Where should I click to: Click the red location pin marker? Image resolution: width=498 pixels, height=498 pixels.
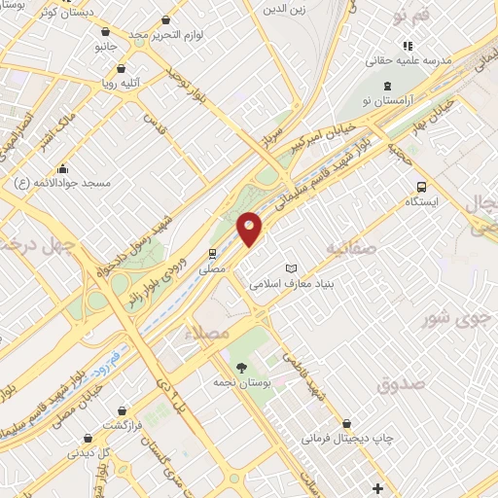tap(250, 228)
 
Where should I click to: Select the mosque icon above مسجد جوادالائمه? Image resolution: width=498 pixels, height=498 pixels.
tap(63, 166)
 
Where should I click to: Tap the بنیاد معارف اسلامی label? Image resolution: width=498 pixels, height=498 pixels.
tap(292, 285)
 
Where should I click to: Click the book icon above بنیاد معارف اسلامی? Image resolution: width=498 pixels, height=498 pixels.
tap(291, 267)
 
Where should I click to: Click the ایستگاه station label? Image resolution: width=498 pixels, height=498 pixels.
tap(424, 202)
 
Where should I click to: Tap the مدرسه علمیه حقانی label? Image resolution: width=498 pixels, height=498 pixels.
tap(409, 60)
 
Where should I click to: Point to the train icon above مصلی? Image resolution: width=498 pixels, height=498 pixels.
tap(212, 252)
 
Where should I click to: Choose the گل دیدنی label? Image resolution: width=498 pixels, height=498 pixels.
tap(89, 452)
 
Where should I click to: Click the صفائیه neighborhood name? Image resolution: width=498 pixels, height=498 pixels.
tap(352, 250)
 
